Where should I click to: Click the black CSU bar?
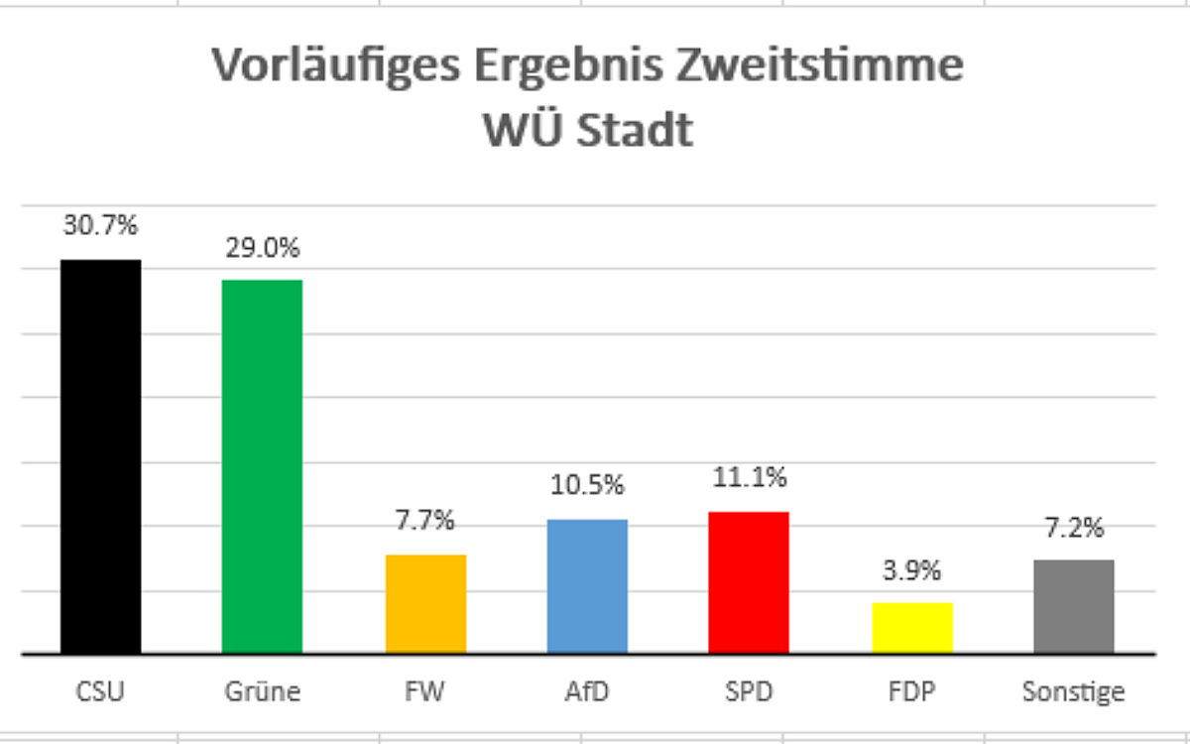101,456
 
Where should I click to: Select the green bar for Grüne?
262,466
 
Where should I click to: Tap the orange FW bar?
425,603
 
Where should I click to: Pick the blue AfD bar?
587,585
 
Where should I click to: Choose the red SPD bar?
749,582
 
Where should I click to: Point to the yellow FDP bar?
912,627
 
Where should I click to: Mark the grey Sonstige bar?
1074,606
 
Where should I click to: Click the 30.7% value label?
101,226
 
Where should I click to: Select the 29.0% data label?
262,248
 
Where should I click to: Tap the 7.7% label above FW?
425,519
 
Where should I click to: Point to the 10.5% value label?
587,485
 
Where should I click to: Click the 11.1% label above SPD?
749,477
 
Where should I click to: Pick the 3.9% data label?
912,570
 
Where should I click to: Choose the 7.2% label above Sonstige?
1074,527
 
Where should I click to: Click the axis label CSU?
101,690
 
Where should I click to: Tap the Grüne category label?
262,690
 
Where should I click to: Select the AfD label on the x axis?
587,690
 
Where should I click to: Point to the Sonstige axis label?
1074,690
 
